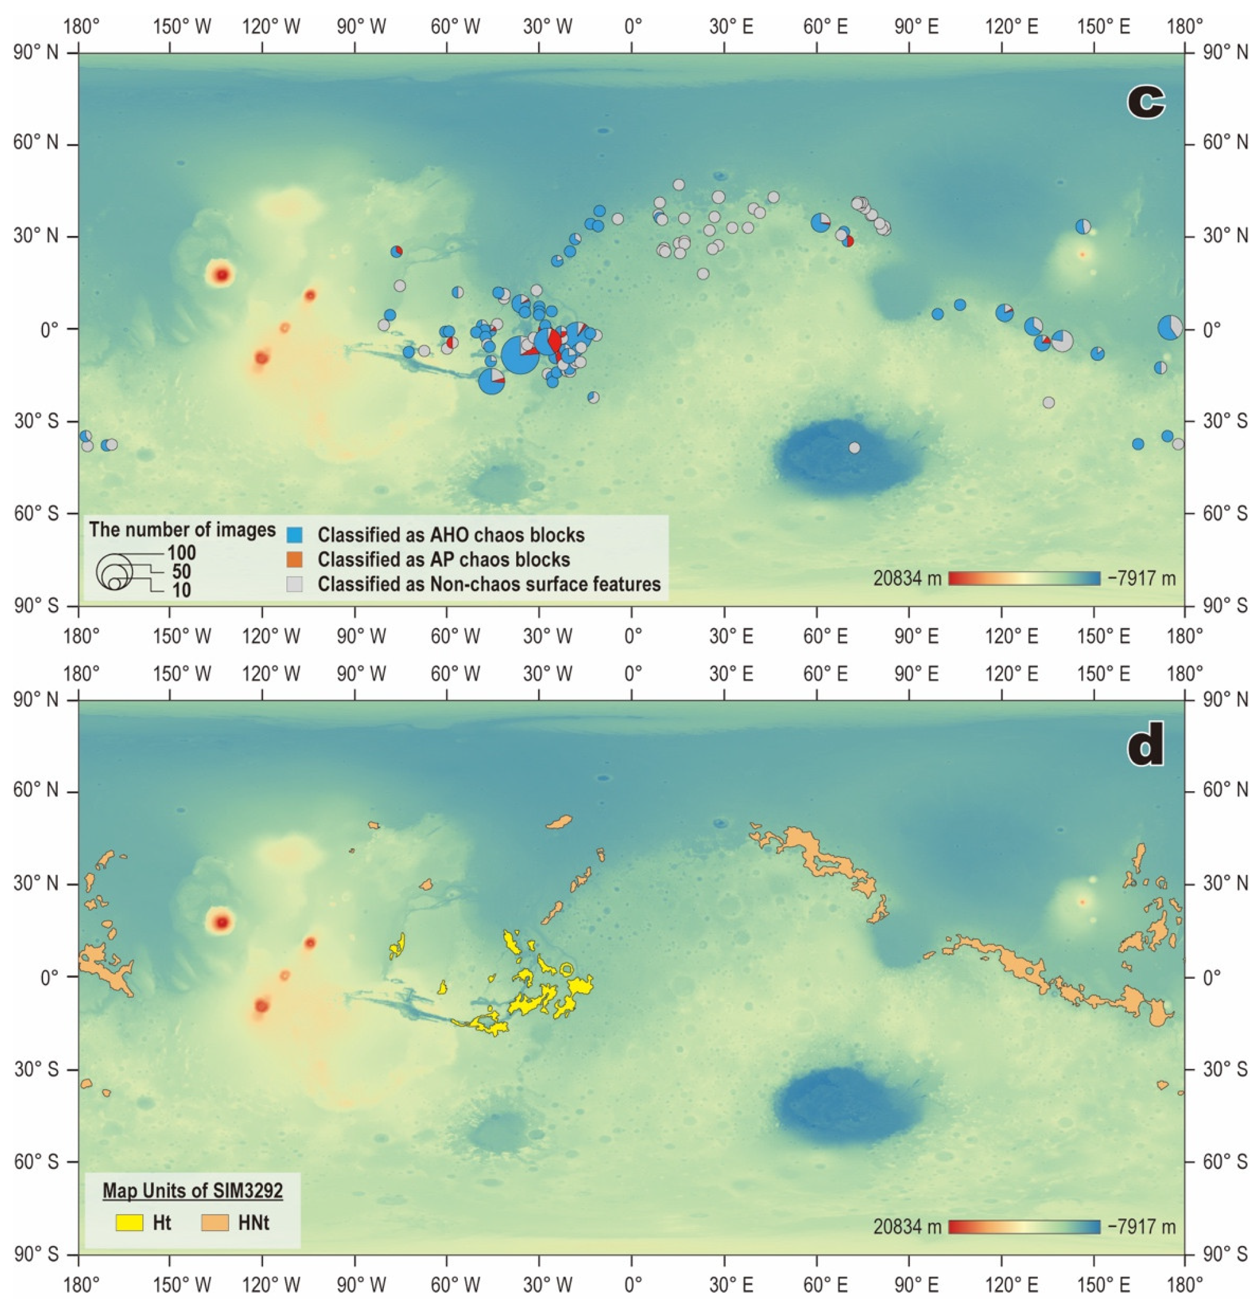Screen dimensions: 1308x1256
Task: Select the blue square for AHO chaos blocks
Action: click(294, 535)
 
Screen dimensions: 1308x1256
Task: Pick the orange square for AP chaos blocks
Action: click(294, 559)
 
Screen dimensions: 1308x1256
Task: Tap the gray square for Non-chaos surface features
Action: click(294, 584)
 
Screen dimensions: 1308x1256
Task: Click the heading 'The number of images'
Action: click(182, 530)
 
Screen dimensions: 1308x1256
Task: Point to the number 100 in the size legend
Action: click(181, 553)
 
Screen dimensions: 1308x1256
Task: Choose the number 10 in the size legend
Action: click(181, 590)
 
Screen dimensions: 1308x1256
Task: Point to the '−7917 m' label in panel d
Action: click(1141, 1227)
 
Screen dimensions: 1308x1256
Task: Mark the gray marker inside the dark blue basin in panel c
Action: click(854, 448)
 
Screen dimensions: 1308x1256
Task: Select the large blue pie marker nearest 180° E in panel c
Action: click(1169, 328)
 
